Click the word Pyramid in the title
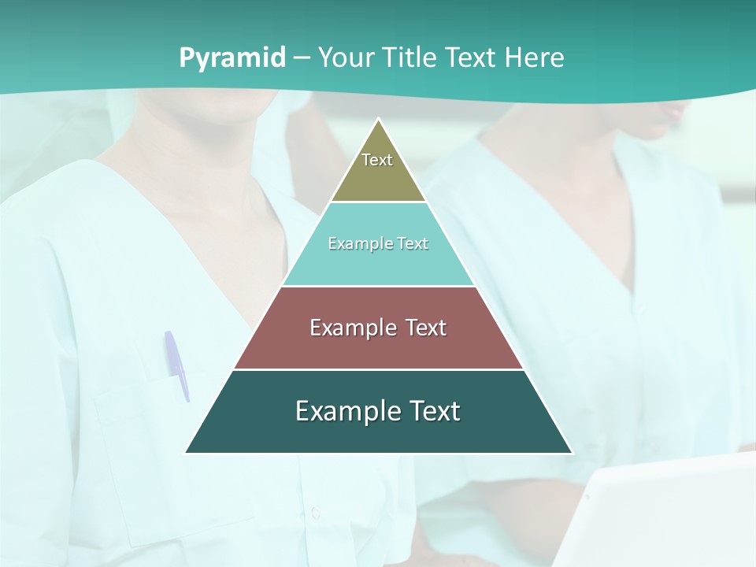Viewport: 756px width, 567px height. click(x=232, y=58)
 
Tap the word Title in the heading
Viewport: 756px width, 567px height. click(x=414, y=58)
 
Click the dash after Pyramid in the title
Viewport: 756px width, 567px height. click(x=302, y=58)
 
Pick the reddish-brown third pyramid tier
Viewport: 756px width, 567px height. click(x=378, y=346)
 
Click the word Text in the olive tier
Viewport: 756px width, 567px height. click(x=377, y=160)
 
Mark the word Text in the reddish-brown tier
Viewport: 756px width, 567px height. click(x=423, y=328)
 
